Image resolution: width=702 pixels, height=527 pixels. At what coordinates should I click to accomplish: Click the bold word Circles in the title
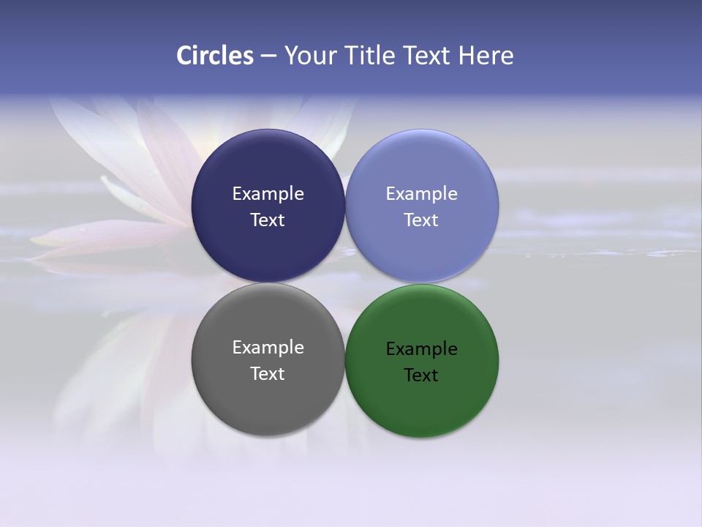point(214,56)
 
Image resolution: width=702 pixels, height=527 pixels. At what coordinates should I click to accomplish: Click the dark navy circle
point(268,168)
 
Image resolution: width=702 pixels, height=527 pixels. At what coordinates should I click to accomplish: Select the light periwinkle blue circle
point(422,168)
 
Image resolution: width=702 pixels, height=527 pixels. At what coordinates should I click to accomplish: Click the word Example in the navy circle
point(268,194)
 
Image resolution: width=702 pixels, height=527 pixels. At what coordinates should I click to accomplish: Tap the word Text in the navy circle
point(268,220)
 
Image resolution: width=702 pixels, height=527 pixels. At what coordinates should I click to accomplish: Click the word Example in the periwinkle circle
point(421,194)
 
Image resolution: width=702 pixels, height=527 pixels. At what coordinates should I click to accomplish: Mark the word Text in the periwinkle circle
point(421,220)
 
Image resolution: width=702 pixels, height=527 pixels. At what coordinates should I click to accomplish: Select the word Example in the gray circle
point(268,348)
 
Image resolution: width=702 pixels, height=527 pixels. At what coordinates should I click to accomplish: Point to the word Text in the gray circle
point(268,374)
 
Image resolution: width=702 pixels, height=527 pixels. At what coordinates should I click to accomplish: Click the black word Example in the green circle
point(421,349)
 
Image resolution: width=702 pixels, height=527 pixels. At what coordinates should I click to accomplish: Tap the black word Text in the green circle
point(421,375)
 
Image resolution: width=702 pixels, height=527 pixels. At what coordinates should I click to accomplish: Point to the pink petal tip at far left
point(37,239)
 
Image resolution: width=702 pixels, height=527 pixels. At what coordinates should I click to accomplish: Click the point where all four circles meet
point(344,283)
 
